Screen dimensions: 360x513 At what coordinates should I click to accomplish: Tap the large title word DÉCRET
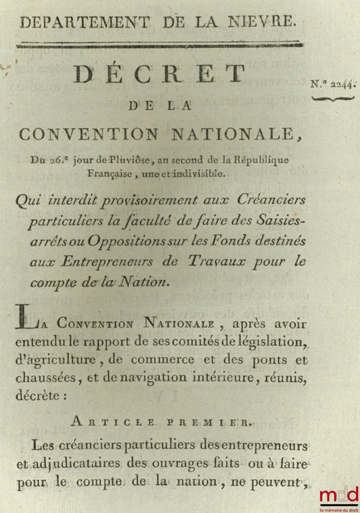[159, 74]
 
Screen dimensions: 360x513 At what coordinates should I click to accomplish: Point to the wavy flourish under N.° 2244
[334, 99]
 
